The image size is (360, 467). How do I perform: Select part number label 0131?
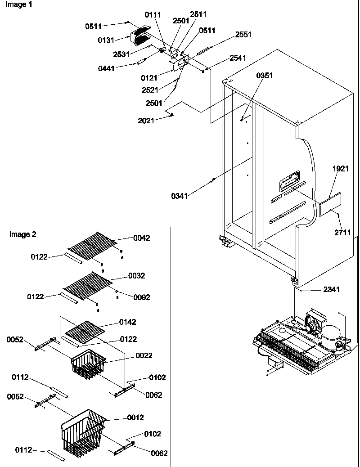click(106, 40)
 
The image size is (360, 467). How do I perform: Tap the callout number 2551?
click(243, 35)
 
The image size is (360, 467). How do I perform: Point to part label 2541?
click(238, 58)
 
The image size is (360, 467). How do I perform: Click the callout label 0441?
click(106, 68)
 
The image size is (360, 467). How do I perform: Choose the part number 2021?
click(146, 120)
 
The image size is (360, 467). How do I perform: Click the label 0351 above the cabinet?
click(265, 76)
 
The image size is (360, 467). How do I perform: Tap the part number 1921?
click(341, 169)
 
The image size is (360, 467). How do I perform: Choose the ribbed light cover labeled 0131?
click(140, 36)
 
